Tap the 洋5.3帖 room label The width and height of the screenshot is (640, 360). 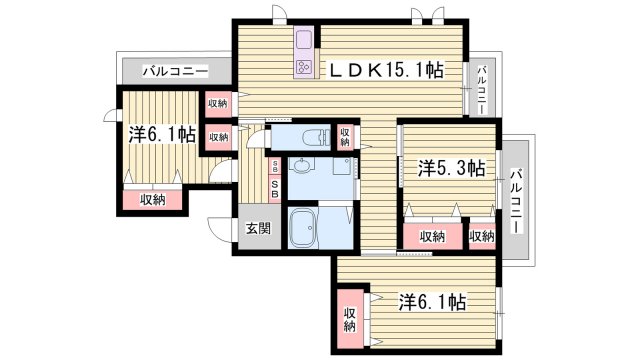point(451,169)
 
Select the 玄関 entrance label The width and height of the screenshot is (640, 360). point(257,228)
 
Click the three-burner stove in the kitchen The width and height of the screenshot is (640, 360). point(303,67)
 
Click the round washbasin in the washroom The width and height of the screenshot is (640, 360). point(301,171)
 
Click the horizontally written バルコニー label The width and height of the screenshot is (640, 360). point(174,72)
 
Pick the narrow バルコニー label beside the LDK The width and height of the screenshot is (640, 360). point(481,88)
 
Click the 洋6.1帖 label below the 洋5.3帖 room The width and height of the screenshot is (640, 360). point(433,300)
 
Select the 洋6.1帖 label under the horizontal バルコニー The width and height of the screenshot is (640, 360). point(161,134)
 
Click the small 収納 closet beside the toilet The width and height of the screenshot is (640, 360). point(344,136)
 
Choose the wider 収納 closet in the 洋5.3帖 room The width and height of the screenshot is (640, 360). point(432,237)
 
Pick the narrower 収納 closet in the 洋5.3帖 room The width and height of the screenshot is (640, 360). point(481,237)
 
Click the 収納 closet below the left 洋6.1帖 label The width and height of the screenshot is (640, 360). point(152,200)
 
